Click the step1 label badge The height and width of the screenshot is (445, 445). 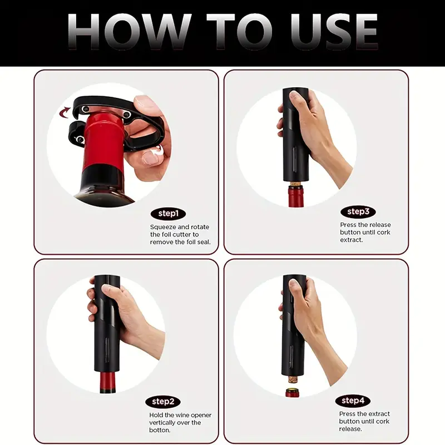tap(168, 214)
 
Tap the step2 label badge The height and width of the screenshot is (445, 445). tap(163, 402)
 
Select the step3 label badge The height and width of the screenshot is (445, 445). tap(358, 212)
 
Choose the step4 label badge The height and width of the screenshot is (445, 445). tap(353, 400)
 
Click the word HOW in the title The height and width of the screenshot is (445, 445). tap(130, 32)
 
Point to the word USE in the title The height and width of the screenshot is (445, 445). tap(334, 32)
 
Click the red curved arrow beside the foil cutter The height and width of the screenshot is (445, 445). tap(65, 112)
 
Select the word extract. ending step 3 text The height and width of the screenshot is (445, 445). tap(352, 240)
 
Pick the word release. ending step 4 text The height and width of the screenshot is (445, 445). tap(350, 429)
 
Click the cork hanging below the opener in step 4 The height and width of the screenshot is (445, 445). tap(293, 379)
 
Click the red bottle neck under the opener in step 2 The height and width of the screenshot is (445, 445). tap(107, 382)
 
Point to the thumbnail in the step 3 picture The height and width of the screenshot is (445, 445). tap(295, 96)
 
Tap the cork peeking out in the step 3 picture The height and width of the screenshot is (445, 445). tap(296, 184)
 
